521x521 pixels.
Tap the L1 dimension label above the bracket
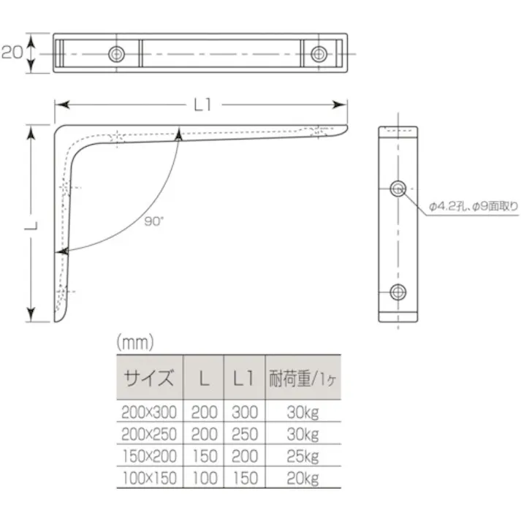click(x=202, y=105)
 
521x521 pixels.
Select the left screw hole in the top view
click(x=116, y=53)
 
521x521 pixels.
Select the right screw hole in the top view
click(x=319, y=53)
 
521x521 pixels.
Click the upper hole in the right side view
click(x=398, y=189)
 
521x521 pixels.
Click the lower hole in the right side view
click(x=398, y=292)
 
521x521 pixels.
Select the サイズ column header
click(x=149, y=378)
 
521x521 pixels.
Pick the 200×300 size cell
click(x=149, y=411)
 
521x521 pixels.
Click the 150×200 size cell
click(x=149, y=457)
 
